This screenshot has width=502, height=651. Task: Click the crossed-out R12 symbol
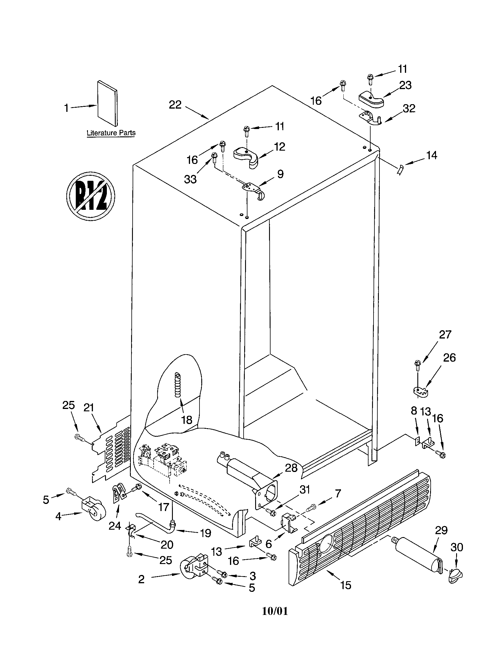click(x=91, y=196)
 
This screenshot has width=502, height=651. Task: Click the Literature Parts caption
click(x=111, y=133)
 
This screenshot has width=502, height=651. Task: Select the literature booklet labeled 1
click(x=107, y=104)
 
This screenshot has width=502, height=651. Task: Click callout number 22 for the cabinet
click(x=175, y=105)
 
